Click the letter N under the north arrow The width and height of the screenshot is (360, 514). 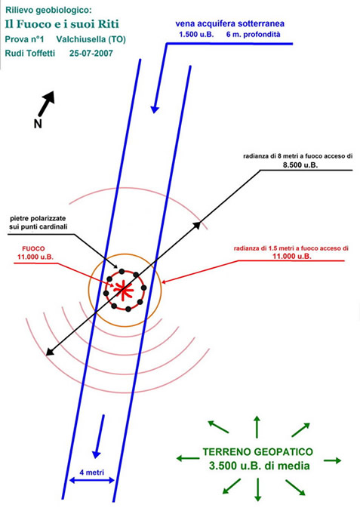[x=38, y=124]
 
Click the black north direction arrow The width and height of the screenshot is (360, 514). [x=46, y=103]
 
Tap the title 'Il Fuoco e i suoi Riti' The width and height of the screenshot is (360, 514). [x=62, y=24]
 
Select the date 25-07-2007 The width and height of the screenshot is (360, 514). [x=91, y=53]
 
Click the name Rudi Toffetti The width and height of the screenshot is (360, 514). [x=30, y=53]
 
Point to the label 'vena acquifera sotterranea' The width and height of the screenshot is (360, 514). [x=229, y=23]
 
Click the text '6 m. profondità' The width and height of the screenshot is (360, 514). [x=253, y=35]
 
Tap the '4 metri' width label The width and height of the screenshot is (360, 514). [x=92, y=472]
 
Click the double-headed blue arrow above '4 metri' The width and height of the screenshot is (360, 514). [x=92, y=481]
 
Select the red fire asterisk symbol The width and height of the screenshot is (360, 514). [x=122, y=290]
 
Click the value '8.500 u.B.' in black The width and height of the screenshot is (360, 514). [x=300, y=165]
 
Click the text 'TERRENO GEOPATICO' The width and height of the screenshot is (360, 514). [x=257, y=451]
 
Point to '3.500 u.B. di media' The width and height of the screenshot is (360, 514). [x=259, y=466]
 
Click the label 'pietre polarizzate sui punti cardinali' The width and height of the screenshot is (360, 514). [x=38, y=223]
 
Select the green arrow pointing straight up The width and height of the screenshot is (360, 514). [x=257, y=426]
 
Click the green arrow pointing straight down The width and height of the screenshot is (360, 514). [x=258, y=489]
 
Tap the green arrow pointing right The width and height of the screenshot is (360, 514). [x=333, y=460]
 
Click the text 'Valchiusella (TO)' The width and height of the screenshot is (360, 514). [x=91, y=39]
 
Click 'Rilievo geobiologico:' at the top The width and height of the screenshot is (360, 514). [x=48, y=10]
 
